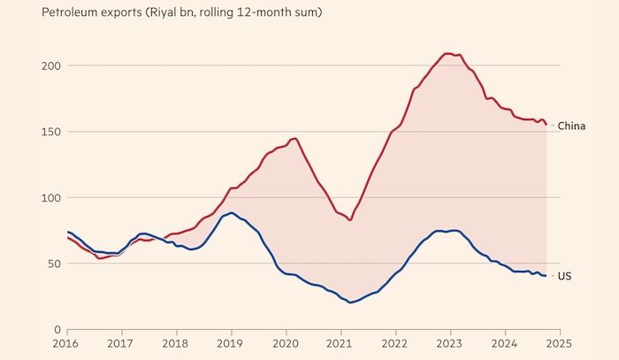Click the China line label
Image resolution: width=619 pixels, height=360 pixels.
[x=571, y=126]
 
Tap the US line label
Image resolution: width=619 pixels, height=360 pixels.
[x=564, y=277]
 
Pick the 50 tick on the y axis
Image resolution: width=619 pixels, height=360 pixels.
[x=53, y=264]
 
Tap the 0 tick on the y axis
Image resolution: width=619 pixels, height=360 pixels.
[x=56, y=329]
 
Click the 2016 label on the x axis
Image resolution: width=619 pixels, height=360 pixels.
[x=67, y=342]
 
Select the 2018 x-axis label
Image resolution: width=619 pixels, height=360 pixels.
[x=176, y=342]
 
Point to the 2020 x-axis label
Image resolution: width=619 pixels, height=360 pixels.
[x=286, y=342]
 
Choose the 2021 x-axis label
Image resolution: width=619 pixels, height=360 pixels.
[x=340, y=342]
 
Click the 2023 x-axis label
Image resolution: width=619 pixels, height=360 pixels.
[x=450, y=342]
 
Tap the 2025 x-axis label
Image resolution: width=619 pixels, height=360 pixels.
[x=559, y=342]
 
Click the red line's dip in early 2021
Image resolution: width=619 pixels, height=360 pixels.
[x=351, y=219]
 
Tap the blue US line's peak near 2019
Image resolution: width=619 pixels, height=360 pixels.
[x=232, y=212]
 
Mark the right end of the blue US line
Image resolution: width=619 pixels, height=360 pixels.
[x=546, y=276]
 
